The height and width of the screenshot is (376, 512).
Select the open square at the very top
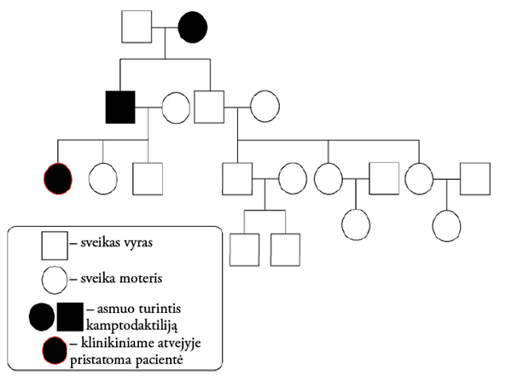(137, 27)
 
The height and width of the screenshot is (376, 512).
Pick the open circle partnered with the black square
(176, 107)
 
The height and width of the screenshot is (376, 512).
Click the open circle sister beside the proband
(104, 179)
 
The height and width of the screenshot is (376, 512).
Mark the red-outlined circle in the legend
(55, 350)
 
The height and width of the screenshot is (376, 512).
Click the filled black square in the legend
(71, 318)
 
